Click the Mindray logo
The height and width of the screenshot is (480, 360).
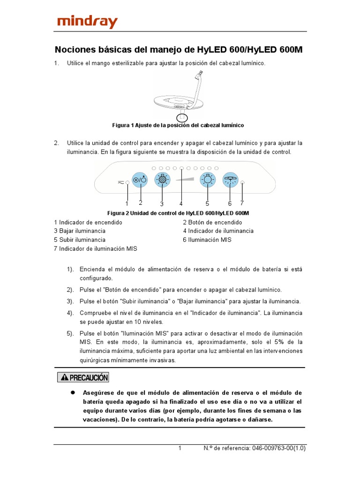(87, 22)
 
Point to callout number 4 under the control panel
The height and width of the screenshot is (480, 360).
(181, 203)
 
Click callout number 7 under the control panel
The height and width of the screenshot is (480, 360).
(242, 203)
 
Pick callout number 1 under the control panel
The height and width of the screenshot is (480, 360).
(127, 203)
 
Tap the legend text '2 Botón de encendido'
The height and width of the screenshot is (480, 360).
(212, 222)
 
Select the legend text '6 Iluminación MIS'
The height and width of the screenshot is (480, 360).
(207, 240)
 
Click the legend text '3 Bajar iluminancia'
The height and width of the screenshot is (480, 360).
(80, 231)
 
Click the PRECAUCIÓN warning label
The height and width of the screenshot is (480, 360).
(83, 377)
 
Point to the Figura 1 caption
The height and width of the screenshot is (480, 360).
(178, 126)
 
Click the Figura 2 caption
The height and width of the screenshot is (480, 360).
(178, 213)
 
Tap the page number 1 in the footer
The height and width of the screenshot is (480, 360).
(180, 448)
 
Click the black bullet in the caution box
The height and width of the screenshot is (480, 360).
(73, 392)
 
